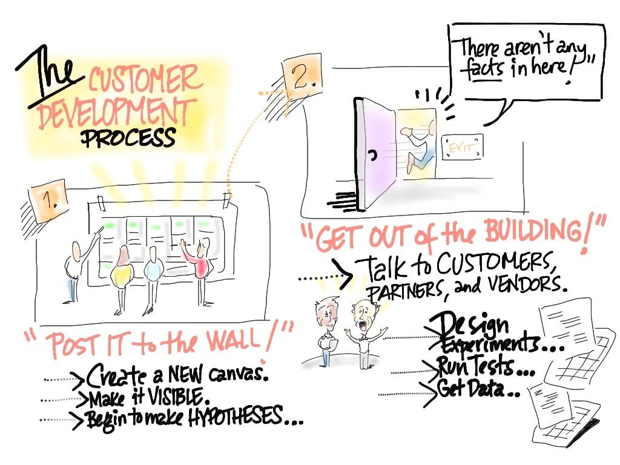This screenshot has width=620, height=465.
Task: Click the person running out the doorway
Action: [x=421, y=145]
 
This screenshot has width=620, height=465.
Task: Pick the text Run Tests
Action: [x=479, y=367]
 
